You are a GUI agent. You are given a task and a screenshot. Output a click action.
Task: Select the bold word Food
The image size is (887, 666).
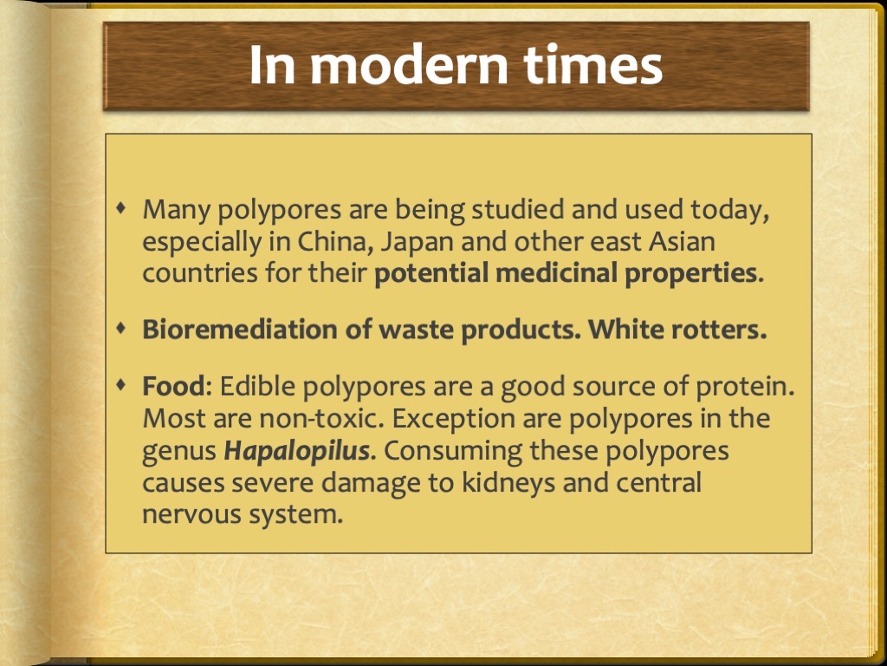172,387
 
